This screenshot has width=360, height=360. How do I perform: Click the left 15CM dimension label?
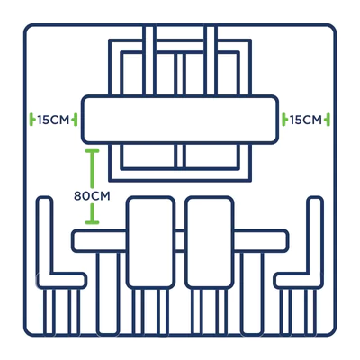point(53,121)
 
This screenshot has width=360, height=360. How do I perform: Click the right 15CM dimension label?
point(306,121)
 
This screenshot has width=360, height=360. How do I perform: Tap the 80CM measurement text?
point(92,196)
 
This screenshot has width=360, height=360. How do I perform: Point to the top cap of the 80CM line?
point(92,151)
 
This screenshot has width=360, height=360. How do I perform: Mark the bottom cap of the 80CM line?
point(92,222)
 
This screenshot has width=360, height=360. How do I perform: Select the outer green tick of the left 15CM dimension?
point(31,120)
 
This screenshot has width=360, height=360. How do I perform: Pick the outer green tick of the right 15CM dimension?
point(328,120)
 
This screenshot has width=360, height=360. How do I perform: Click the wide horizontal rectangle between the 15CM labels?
point(180,120)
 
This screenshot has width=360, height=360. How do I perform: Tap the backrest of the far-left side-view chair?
point(45,234)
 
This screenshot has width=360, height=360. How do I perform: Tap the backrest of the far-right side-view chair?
point(315,234)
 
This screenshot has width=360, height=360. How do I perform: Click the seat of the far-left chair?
point(62,281)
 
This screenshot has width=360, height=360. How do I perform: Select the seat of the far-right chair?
point(298,281)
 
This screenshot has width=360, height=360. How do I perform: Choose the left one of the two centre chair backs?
point(150,242)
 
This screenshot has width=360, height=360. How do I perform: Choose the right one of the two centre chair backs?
point(210,242)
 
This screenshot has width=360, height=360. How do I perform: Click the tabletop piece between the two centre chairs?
point(180,240)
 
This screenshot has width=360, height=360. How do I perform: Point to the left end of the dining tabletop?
point(73,240)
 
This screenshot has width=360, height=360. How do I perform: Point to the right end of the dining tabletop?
point(287,240)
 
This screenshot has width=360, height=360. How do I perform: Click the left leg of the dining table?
point(108,293)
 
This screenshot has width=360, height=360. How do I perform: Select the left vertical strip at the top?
point(149,60)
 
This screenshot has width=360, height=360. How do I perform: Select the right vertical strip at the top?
point(211,60)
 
